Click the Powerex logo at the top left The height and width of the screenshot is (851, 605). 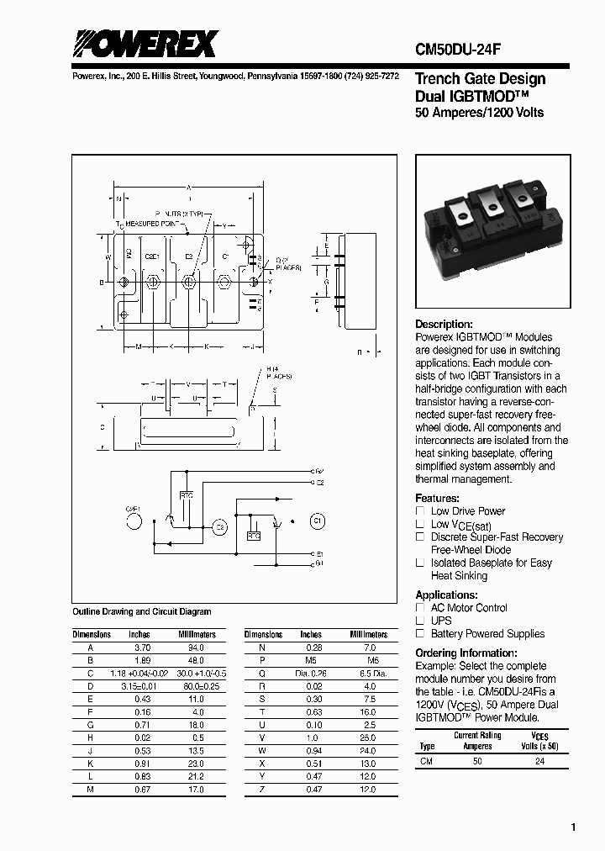(145, 44)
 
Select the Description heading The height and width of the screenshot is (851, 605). (445, 325)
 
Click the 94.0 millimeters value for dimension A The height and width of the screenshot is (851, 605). (195, 648)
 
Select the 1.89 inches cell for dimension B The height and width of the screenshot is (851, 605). (143, 661)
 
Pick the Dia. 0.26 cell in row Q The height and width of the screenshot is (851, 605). (311, 674)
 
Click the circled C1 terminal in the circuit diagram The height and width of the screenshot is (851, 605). (317, 519)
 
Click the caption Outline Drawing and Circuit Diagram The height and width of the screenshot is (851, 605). (142, 612)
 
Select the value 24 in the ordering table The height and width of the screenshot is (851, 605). (539, 760)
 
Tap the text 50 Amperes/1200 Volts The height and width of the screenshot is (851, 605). (480, 113)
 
